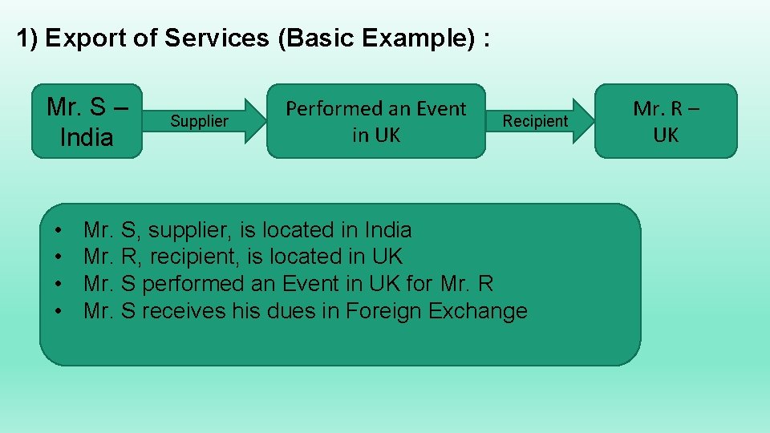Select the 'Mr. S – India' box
[x=87, y=121]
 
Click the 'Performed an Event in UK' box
[x=376, y=121]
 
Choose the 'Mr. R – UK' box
[x=666, y=121]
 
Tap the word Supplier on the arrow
[x=199, y=122]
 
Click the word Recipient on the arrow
[x=535, y=122]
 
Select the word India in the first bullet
[x=387, y=230]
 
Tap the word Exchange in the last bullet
[x=478, y=311]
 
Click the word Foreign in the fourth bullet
[x=383, y=311]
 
